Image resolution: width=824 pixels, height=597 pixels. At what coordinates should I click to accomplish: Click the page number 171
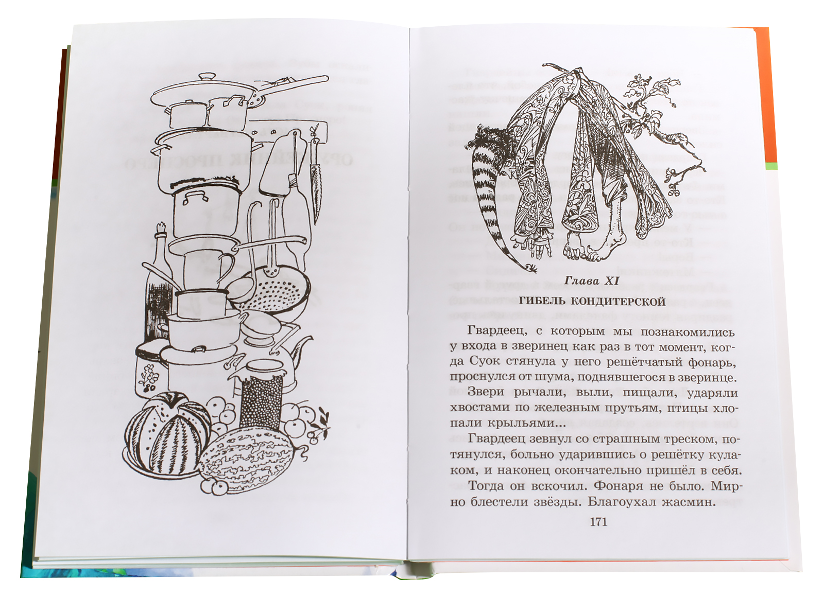tap(599, 522)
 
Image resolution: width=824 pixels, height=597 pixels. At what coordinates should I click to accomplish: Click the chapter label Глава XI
tap(592, 281)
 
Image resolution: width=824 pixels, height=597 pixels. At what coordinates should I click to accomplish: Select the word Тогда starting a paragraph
tap(487, 486)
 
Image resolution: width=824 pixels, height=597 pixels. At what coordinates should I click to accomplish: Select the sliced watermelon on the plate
tap(168, 434)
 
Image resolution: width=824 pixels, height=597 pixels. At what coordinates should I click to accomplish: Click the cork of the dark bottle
tap(161, 229)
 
